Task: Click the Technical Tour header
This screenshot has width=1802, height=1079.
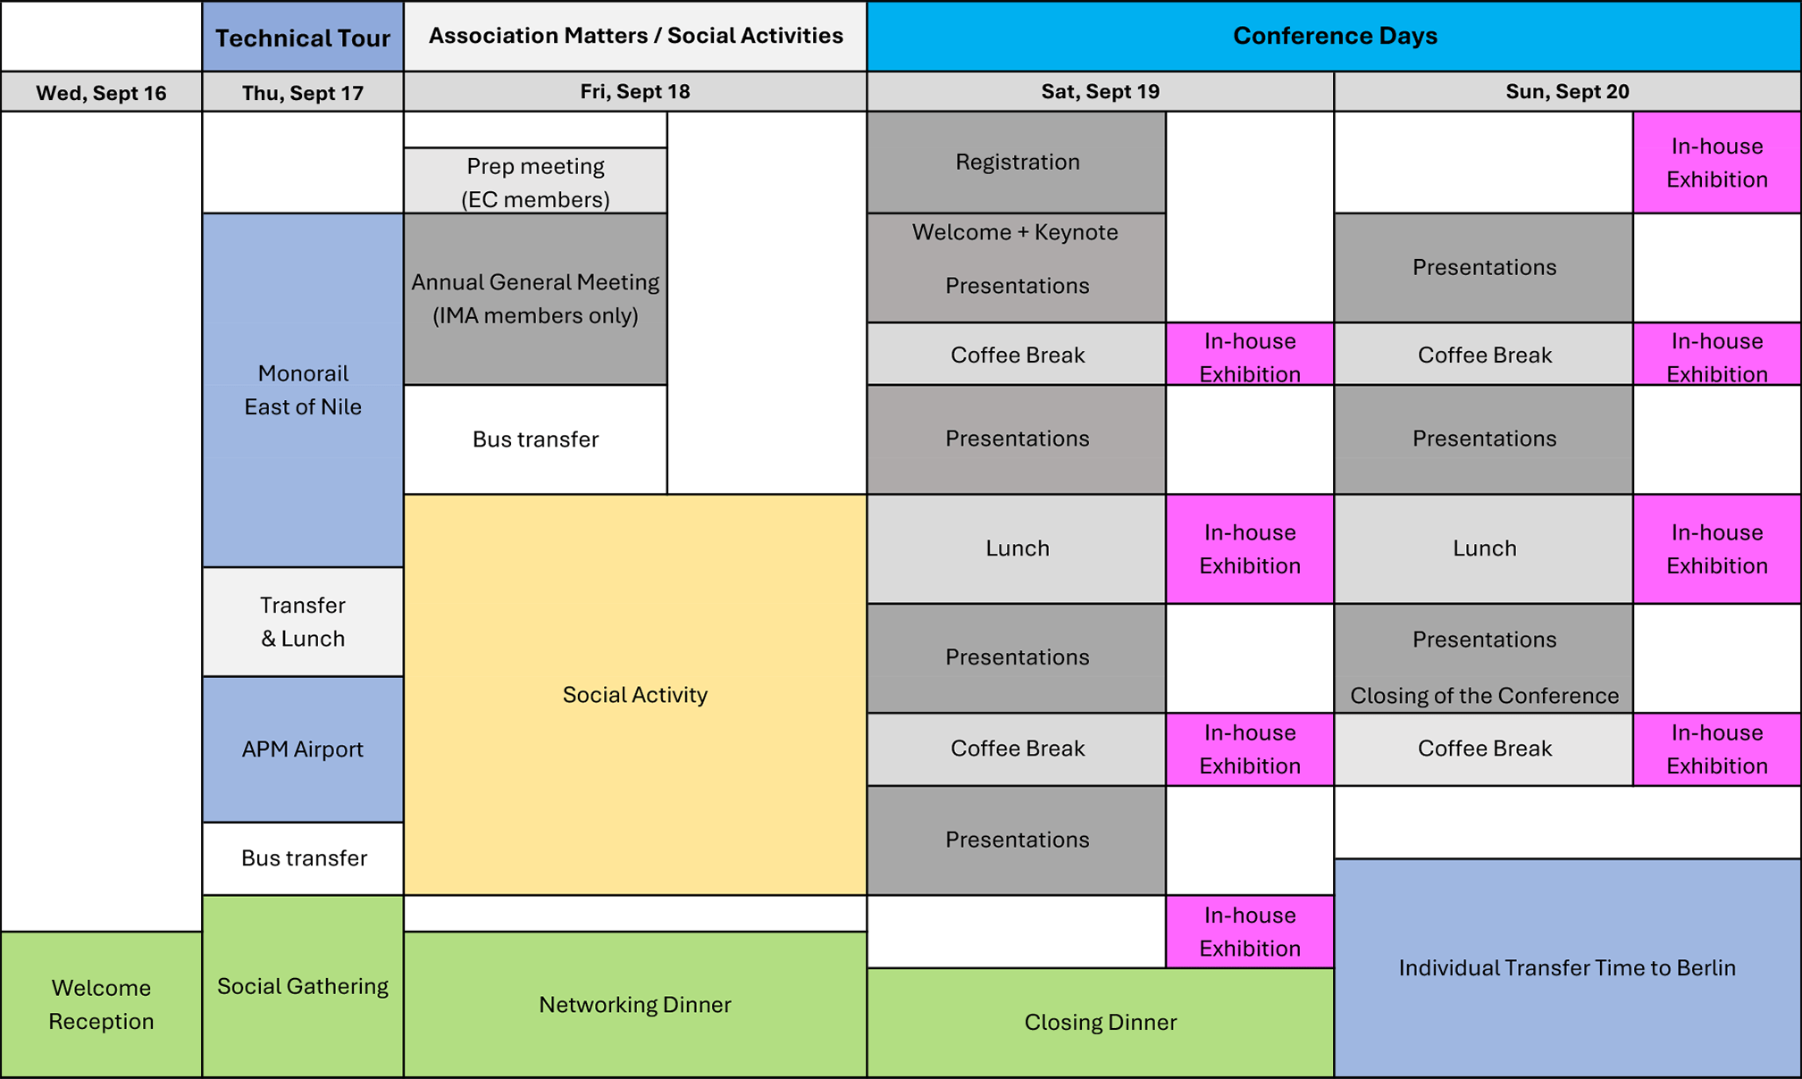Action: pos(303,37)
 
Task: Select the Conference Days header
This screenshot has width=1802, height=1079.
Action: pos(1334,36)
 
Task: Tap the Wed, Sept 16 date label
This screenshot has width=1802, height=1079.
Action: pos(101,93)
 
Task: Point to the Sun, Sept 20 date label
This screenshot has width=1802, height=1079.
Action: pos(1567,91)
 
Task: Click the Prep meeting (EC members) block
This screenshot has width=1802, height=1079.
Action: pos(535,181)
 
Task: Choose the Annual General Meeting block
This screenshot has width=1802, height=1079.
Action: pos(535,299)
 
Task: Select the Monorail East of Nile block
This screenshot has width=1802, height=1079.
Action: pos(303,390)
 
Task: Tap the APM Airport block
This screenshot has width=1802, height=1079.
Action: pos(303,749)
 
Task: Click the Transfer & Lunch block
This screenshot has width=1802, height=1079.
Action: pos(303,622)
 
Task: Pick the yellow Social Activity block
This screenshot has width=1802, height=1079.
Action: pos(635,695)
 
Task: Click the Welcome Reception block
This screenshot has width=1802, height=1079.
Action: pos(101,1005)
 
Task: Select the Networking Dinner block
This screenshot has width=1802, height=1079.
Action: pos(635,1005)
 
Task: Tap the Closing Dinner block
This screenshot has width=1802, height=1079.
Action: pos(1101,1023)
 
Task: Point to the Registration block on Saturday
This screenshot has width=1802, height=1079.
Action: pos(1017,162)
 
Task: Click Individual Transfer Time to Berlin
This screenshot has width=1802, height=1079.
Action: pos(1567,968)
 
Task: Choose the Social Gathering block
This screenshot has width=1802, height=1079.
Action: pos(303,986)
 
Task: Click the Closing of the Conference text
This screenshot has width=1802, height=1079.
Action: pos(1484,696)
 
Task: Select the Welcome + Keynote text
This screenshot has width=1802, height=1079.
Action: pos(1015,232)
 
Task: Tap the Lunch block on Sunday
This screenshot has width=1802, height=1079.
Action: pos(1484,548)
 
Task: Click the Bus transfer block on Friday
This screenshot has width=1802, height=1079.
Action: pos(535,439)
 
